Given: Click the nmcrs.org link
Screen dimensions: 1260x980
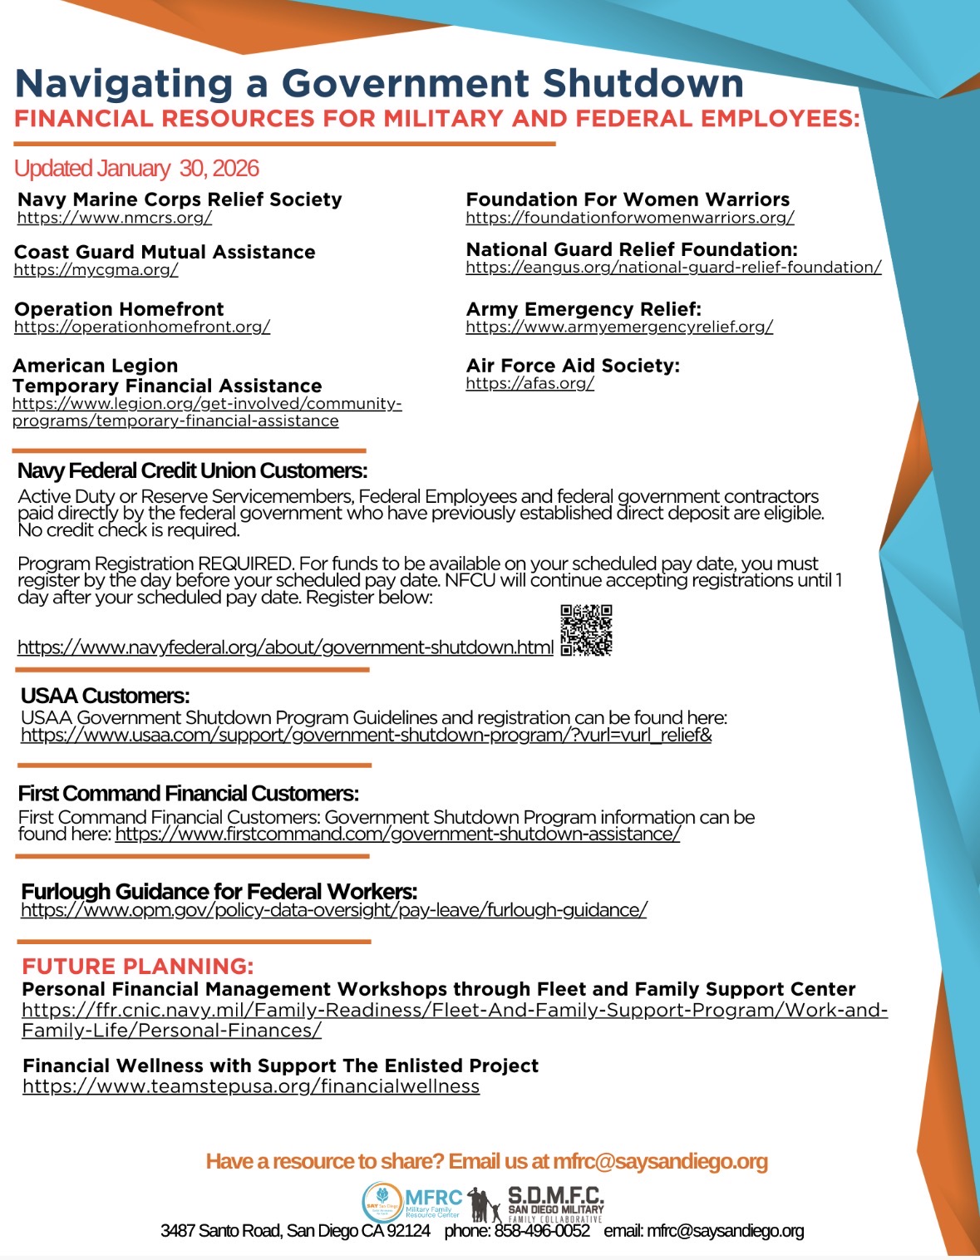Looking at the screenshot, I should tap(115, 218).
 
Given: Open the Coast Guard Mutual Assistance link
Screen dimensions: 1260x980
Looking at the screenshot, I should tap(96, 270).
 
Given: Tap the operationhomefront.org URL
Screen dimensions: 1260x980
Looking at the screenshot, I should tap(142, 327).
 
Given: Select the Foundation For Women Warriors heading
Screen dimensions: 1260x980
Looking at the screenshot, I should tap(628, 199).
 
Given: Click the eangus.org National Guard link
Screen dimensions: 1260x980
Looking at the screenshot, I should tap(673, 268).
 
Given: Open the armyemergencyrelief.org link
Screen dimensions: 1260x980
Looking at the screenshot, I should tap(619, 327).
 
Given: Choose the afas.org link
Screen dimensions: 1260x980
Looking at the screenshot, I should tap(529, 383).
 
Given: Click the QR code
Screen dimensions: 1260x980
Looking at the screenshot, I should tap(586, 631).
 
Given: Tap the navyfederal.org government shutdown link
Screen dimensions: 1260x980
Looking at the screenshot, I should tap(285, 647).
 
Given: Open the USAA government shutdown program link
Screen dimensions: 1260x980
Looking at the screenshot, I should tap(366, 736).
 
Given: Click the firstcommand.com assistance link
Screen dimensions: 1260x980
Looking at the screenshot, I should tap(397, 834).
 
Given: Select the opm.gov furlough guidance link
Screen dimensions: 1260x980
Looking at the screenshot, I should tap(333, 910).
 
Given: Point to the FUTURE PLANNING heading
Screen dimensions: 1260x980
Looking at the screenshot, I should tap(138, 967).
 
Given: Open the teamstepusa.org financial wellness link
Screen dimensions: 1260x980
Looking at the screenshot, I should tap(251, 1086).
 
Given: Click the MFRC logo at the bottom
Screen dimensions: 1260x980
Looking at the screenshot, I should tap(412, 1202).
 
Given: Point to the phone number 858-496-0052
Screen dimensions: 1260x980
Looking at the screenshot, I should tap(542, 1231).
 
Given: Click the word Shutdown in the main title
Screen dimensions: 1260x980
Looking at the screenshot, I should tap(643, 84).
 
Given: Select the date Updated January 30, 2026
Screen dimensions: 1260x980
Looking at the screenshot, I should tap(137, 169).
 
